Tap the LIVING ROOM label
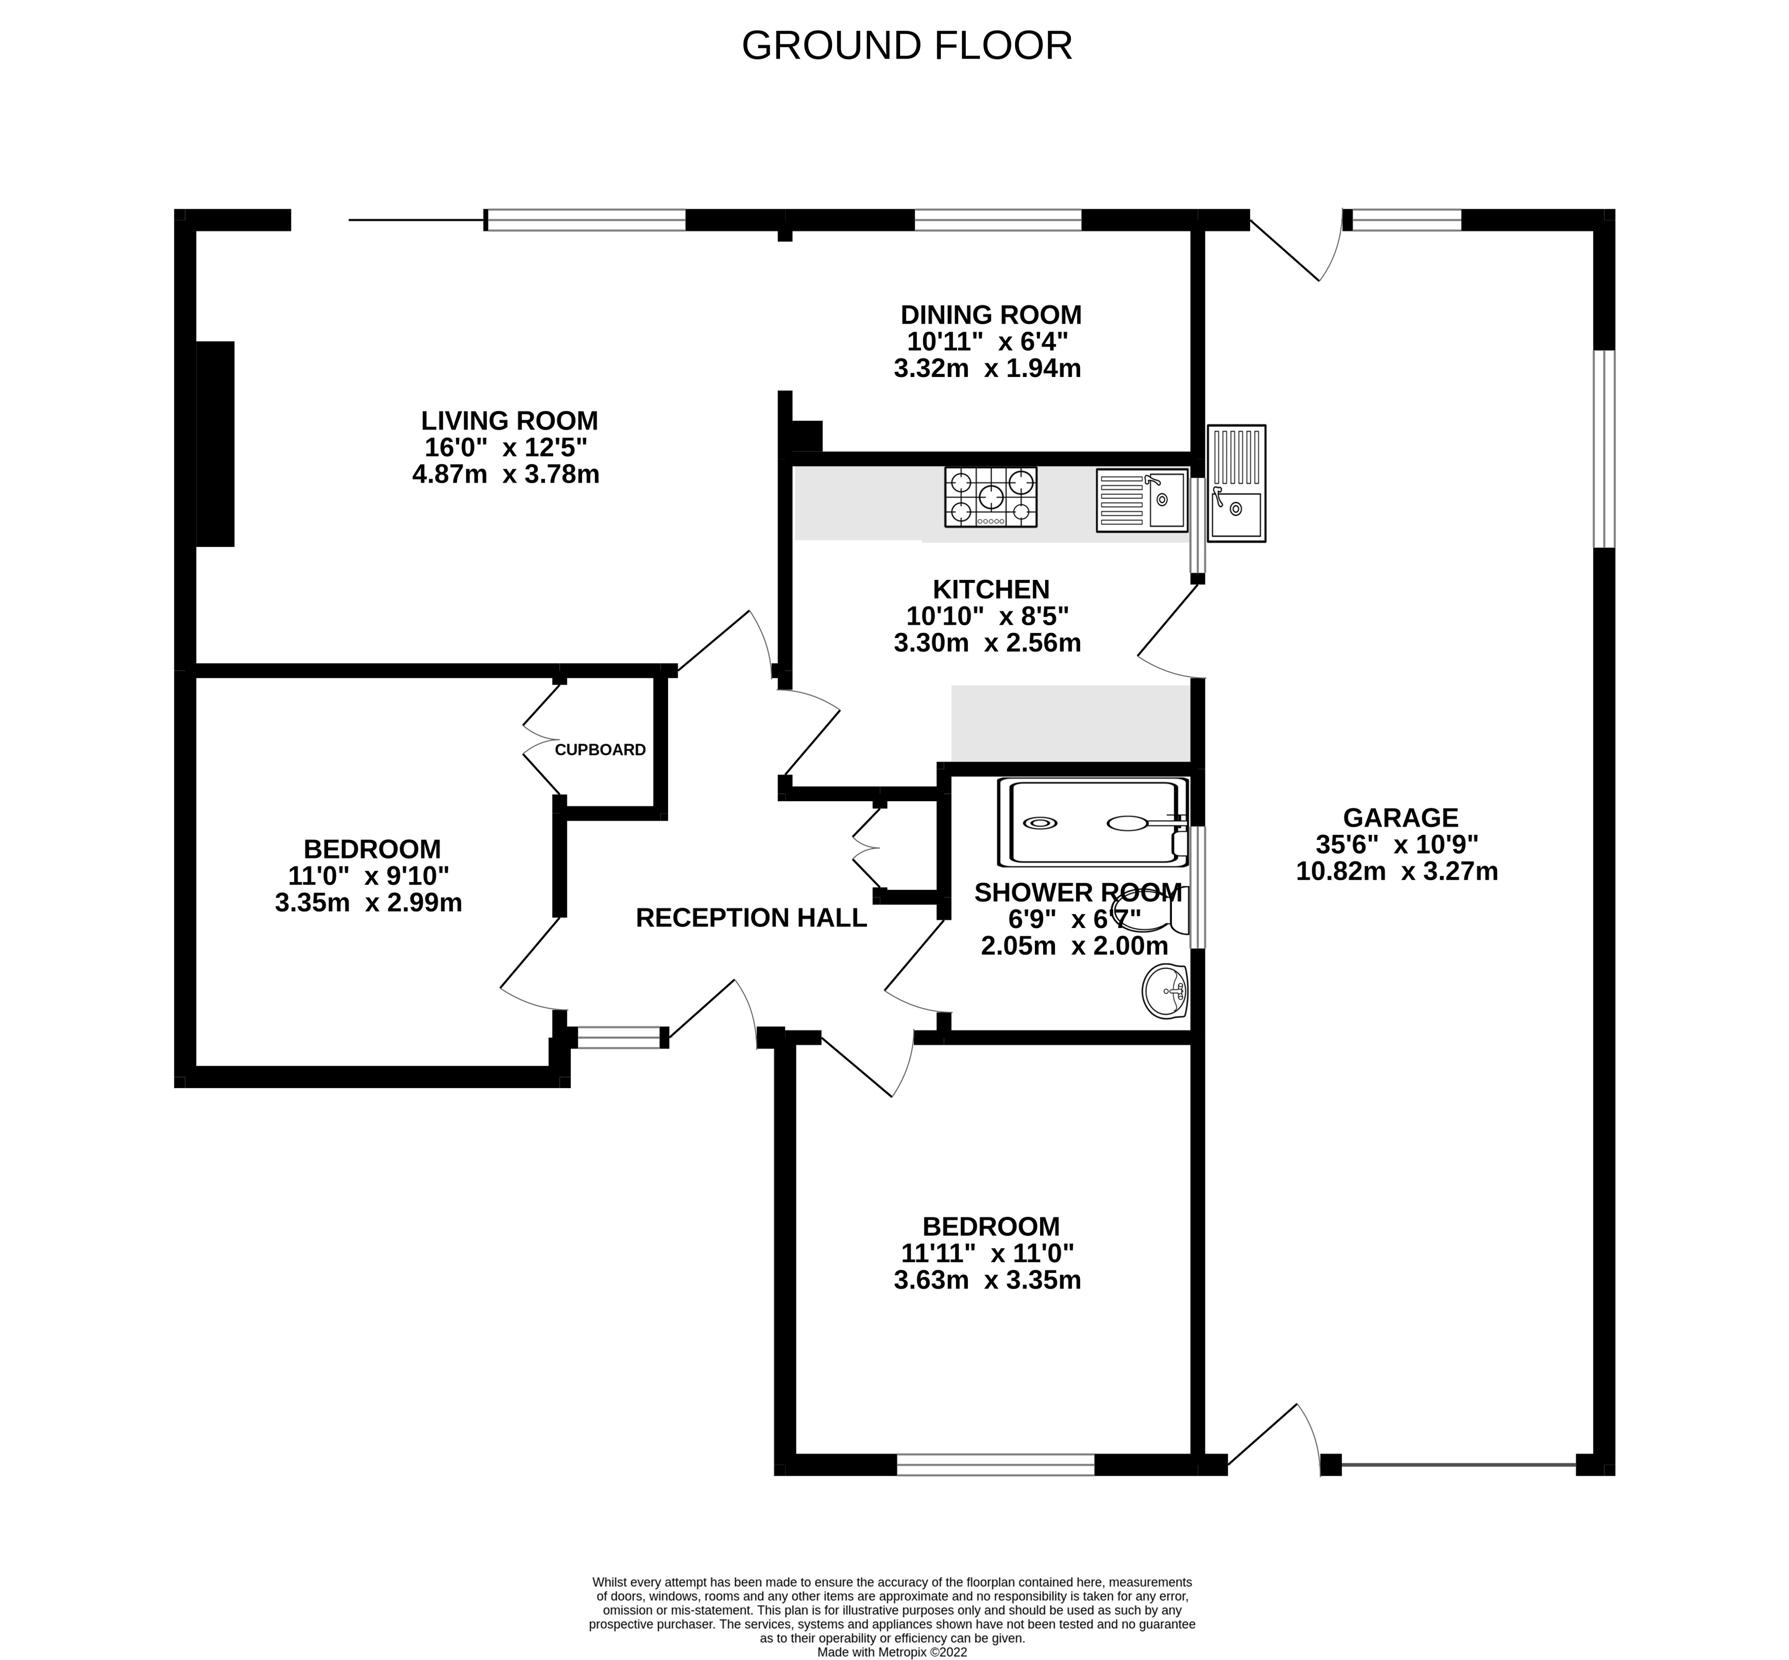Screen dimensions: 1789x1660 click(509, 420)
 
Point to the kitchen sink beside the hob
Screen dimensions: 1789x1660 click(1141, 500)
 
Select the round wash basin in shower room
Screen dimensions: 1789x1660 click(1165, 991)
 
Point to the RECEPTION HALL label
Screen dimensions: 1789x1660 click(751, 917)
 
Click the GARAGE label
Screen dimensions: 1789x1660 click(1400, 818)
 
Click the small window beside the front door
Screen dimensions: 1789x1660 click(618, 1037)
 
